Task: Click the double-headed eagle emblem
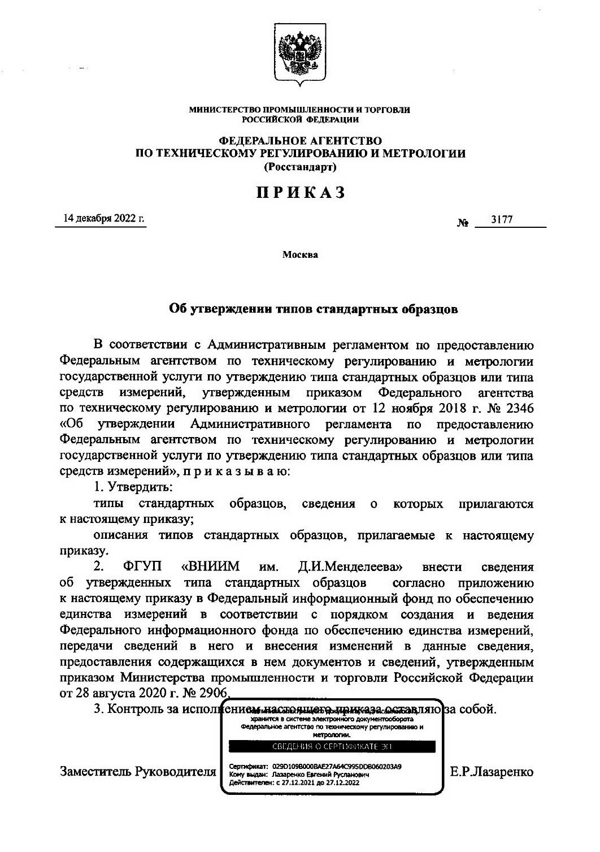point(299,55)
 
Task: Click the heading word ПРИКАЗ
point(300,193)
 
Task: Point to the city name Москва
point(300,254)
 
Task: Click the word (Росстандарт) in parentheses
point(300,167)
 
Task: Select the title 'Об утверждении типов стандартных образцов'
point(314,309)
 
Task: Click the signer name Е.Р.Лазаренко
point(492,771)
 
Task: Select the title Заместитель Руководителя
point(138,771)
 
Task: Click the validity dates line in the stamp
point(294,783)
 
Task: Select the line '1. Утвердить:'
point(133,486)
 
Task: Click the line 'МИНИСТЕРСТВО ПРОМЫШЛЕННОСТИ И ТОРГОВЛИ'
point(299,110)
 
